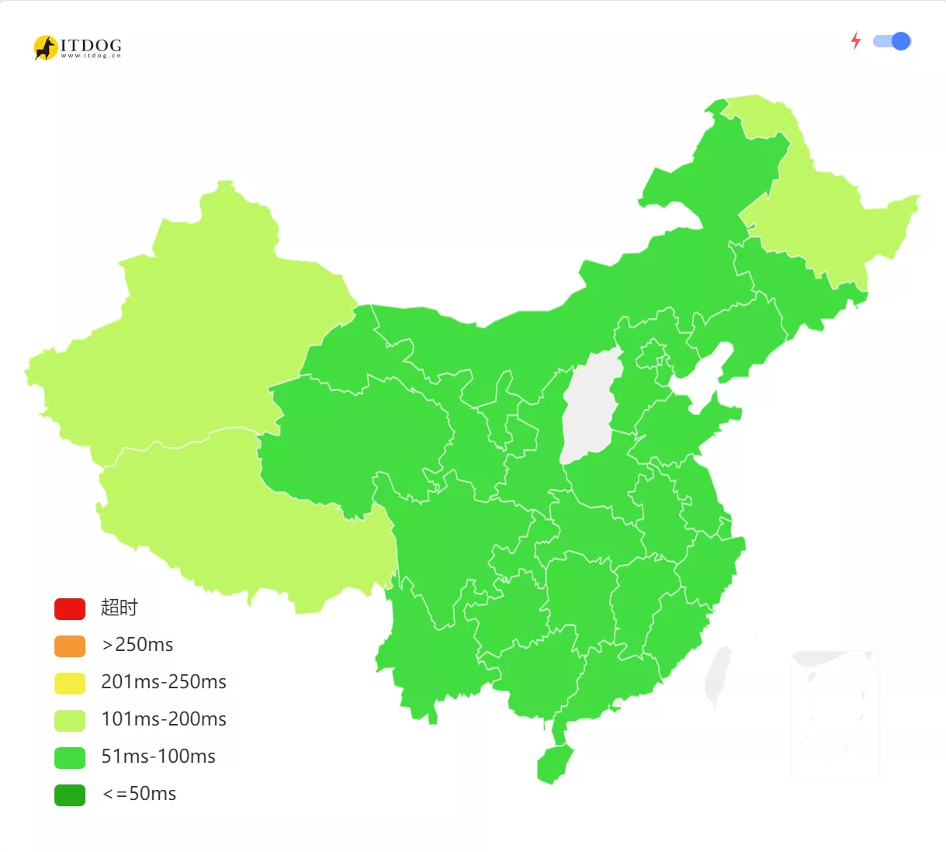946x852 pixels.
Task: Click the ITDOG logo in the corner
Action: tap(77, 47)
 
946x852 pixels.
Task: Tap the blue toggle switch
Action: tap(892, 41)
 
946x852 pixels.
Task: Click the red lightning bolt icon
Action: tap(856, 40)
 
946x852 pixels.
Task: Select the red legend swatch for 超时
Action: tap(70, 609)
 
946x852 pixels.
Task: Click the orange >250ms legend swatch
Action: tap(70, 646)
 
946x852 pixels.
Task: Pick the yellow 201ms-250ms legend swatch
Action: tap(70, 684)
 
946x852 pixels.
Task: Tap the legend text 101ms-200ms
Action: tap(164, 719)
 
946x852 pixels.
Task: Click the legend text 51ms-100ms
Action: tap(158, 757)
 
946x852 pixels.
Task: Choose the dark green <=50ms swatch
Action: tap(70, 795)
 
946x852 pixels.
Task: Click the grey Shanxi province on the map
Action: tap(590, 407)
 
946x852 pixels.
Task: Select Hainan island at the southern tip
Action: tap(554, 764)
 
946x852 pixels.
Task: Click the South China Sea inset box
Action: tap(835, 714)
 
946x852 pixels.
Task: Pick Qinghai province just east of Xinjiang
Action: tap(349, 435)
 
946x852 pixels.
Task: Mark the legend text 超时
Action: tap(119, 608)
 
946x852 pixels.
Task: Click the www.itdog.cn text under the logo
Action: tap(91, 56)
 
